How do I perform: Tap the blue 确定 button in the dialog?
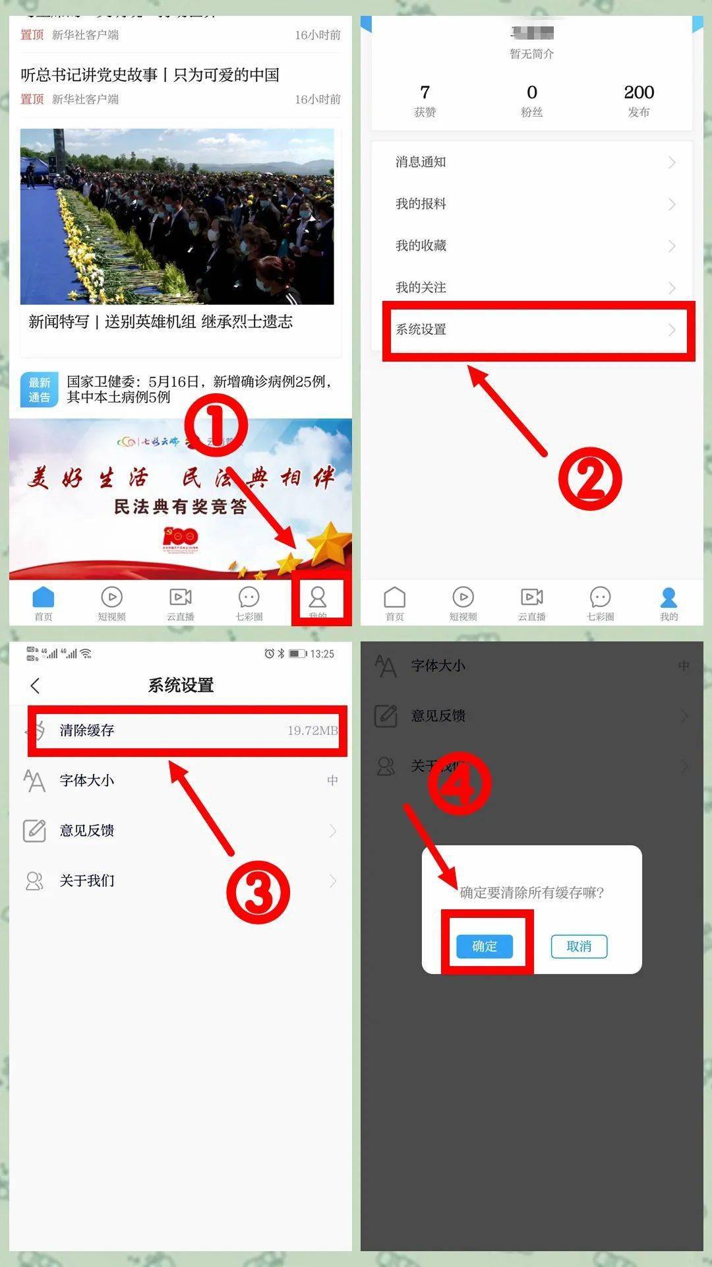point(485,946)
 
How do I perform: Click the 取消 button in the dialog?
point(579,946)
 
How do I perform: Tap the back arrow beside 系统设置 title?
point(36,686)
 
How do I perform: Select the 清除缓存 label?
point(87,730)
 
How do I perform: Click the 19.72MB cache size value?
point(312,730)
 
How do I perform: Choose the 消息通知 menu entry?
point(421,162)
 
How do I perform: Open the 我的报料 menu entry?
point(421,203)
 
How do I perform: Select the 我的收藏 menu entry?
point(421,245)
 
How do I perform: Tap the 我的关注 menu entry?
point(421,287)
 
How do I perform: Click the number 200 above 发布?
point(639,92)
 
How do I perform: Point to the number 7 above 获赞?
point(425,92)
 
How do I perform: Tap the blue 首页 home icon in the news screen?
point(44,597)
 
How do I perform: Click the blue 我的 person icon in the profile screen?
point(668,598)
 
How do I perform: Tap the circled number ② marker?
point(590,478)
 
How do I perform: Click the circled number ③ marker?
point(258,892)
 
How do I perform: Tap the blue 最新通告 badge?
point(40,389)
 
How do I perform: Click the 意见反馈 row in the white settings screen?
point(87,830)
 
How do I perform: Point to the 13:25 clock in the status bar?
point(322,653)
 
